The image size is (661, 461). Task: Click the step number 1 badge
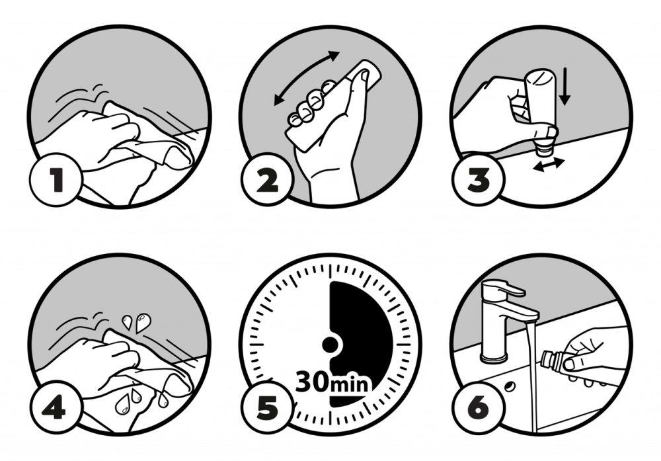click(x=56, y=180)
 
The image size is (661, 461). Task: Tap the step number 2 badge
click(x=267, y=180)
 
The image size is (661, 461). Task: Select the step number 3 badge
click(x=478, y=180)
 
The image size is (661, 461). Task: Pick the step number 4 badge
click(x=56, y=407)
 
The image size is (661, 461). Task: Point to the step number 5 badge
click(x=267, y=407)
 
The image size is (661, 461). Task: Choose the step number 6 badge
click(x=478, y=407)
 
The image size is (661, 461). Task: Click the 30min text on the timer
click(x=331, y=382)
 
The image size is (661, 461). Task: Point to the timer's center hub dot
click(x=330, y=345)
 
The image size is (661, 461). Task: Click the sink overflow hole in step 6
click(x=510, y=386)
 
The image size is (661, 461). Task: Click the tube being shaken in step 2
click(x=333, y=105)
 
